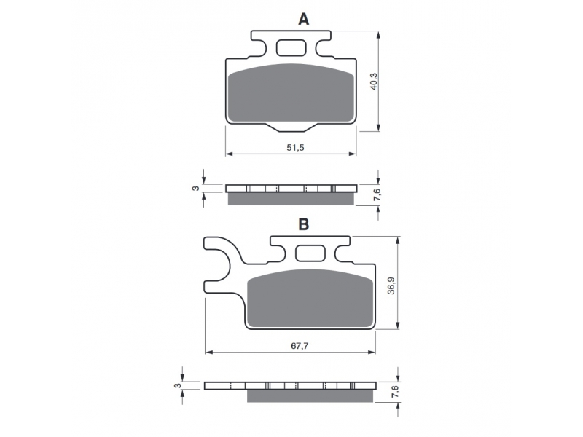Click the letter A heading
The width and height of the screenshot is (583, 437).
(x=303, y=19)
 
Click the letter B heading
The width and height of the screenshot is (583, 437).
(x=303, y=224)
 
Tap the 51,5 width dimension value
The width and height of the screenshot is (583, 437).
(x=295, y=148)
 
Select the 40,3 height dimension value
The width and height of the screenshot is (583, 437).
(x=374, y=81)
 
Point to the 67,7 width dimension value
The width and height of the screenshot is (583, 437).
(x=300, y=346)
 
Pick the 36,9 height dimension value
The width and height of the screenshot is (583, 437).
(x=391, y=286)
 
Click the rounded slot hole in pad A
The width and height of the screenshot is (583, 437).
(x=291, y=48)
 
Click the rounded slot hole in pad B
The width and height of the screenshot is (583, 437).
(x=310, y=253)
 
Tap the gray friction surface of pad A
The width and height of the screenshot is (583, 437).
(x=291, y=94)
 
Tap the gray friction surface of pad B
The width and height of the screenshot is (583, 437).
(x=310, y=299)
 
